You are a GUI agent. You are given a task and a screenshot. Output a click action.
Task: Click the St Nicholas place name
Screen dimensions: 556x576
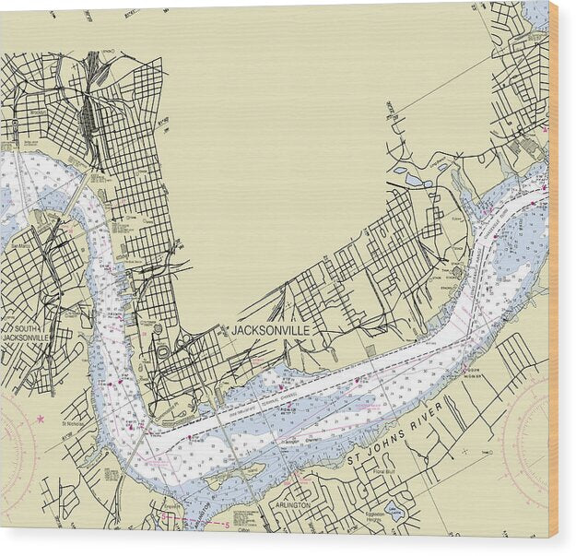point(73,425)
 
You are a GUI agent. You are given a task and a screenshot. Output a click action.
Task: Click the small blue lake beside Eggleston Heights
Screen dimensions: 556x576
point(395,512)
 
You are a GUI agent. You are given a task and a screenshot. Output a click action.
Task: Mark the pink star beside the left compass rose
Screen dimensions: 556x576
point(40,419)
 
